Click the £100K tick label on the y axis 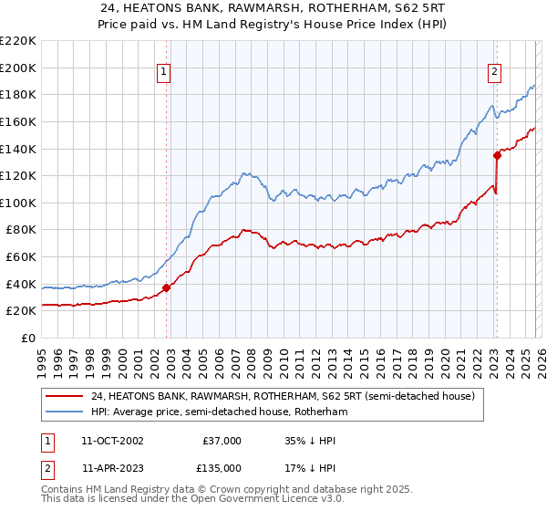18,203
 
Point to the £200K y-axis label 18,68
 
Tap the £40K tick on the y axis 21,284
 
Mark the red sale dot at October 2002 167,287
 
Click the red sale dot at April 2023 498,155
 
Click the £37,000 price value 222,441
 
